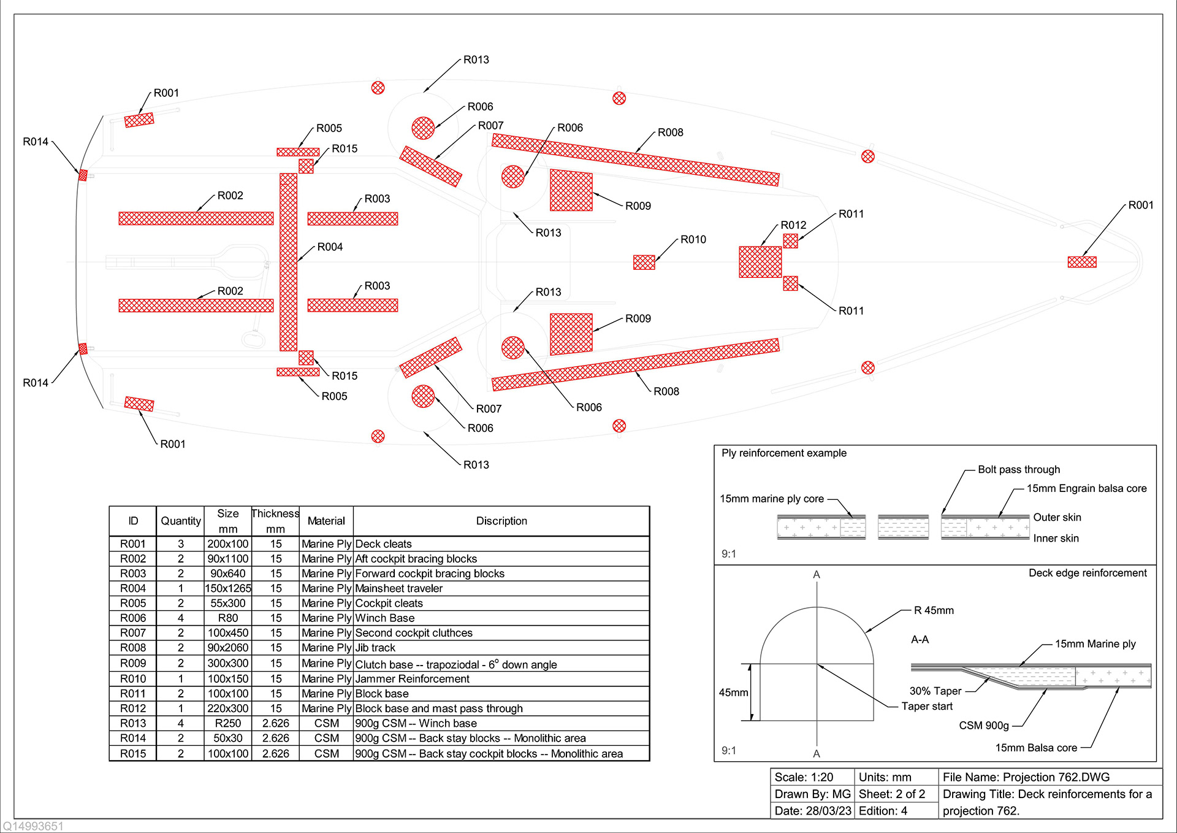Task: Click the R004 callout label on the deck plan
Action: coord(330,247)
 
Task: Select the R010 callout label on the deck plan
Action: coord(693,240)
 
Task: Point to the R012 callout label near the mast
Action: coord(793,225)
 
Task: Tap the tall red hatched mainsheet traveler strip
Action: coord(288,262)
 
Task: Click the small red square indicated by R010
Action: coord(644,263)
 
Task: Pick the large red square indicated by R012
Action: coord(760,262)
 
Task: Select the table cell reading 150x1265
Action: coord(228,588)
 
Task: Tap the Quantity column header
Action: coord(181,521)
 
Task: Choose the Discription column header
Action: coord(501,521)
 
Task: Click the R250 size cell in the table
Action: coord(228,723)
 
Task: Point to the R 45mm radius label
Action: coord(934,610)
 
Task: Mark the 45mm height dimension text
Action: coord(733,693)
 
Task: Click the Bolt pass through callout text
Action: coord(1019,469)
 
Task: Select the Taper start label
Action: coord(927,707)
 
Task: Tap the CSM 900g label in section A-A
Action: coord(984,726)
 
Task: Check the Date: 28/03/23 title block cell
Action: coord(812,811)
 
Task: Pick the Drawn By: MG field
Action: coord(812,794)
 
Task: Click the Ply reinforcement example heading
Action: coord(783,453)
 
